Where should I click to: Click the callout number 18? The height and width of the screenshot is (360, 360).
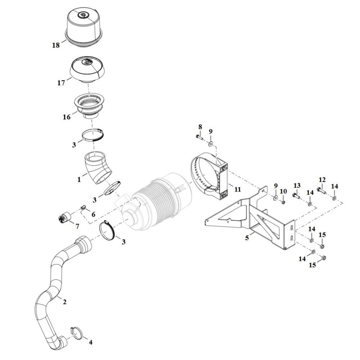tap(56, 45)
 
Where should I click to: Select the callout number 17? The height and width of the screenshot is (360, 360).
tap(61, 83)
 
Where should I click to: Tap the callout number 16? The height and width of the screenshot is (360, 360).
tap(67, 117)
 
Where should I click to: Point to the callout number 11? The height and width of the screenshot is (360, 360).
tap(237, 189)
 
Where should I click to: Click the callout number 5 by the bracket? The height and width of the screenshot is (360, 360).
tap(247, 238)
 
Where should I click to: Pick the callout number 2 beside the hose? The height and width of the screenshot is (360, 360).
tap(64, 302)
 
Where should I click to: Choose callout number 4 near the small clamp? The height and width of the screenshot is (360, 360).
tap(90, 342)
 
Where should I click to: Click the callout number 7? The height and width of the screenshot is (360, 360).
tap(77, 226)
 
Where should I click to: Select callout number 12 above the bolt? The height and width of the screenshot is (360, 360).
tap(322, 180)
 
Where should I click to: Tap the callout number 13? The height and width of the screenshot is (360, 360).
tap(297, 185)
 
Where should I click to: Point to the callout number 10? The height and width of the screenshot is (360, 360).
tap(283, 191)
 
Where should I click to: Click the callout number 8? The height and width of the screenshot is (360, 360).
tap(200, 127)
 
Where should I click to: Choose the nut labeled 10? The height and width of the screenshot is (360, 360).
tap(283, 202)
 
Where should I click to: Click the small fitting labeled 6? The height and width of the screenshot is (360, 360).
tap(83, 208)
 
